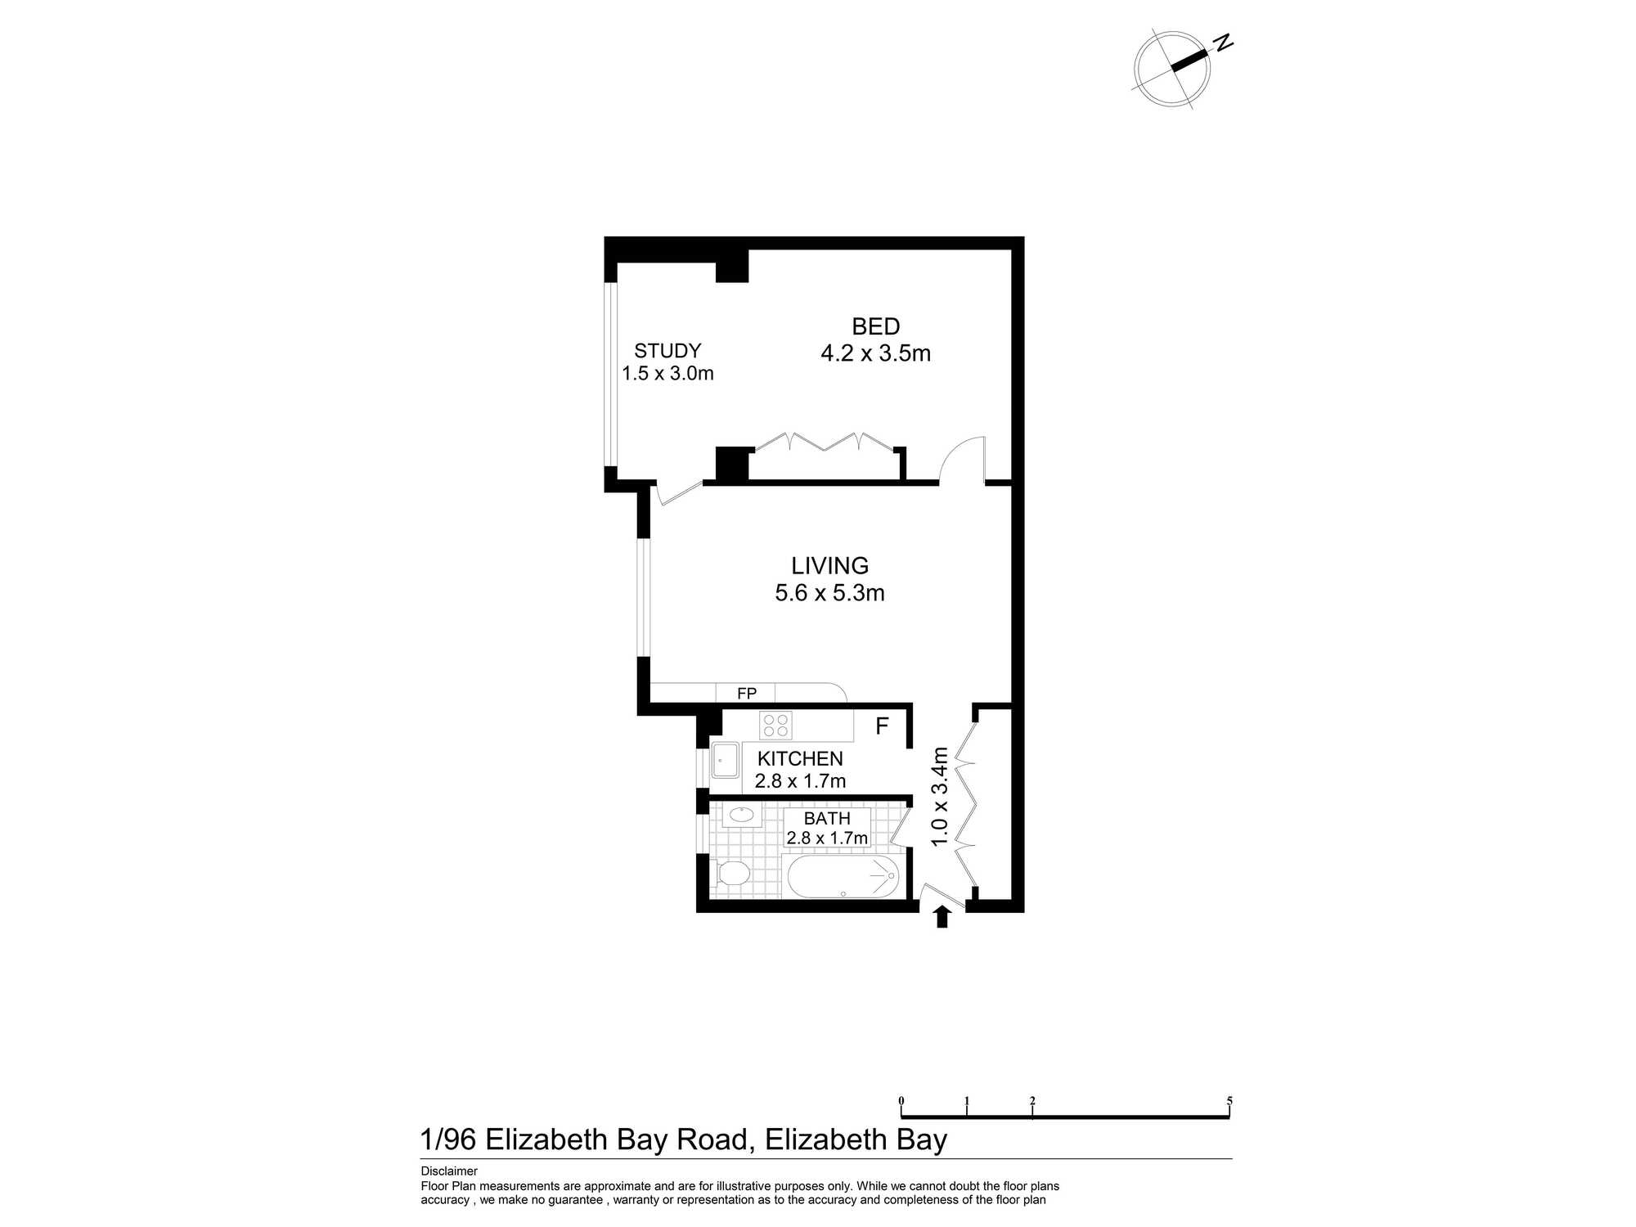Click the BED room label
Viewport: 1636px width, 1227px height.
tap(876, 326)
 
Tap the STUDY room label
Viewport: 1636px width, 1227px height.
tap(667, 351)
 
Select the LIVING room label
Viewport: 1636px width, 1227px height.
tap(829, 565)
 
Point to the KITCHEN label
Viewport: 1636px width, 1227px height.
tap(800, 758)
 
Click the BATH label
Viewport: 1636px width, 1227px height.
tap(827, 818)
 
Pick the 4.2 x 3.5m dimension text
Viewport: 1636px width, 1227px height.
tap(876, 353)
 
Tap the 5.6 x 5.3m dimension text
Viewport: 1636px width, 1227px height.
tap(829, 592)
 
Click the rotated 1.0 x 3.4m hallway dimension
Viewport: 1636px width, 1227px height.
tap(940, 797)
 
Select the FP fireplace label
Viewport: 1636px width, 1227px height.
tap(747, 694)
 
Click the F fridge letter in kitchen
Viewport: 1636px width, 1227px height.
tap(882, 726)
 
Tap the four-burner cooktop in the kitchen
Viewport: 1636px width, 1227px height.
tap(775, 725)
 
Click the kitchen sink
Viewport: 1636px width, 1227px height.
tap(725, 761)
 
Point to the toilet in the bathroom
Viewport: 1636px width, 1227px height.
tap(730, 873)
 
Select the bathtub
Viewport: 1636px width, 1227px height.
tap(843, 876)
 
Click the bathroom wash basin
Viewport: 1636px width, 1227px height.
tap(742, 815)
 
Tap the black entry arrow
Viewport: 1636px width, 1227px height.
tap(942, 916)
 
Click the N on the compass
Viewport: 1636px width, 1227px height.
tap(1223, 43)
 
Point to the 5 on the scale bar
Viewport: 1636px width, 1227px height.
tap(1229, 1101)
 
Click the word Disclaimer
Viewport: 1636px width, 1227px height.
tap(449, 1171)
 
